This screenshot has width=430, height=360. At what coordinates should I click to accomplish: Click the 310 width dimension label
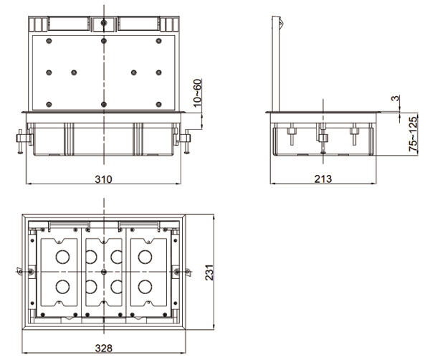point(102,178)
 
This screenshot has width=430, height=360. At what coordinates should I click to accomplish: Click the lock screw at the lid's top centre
point(104,23)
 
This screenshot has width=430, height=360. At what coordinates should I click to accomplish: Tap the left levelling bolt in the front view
point(21,141)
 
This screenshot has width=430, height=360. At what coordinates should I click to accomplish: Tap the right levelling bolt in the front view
point(186,141)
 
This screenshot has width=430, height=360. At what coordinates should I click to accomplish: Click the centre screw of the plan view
point(104,273)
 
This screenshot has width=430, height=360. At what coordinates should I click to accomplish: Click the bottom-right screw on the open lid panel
point(158,105)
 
